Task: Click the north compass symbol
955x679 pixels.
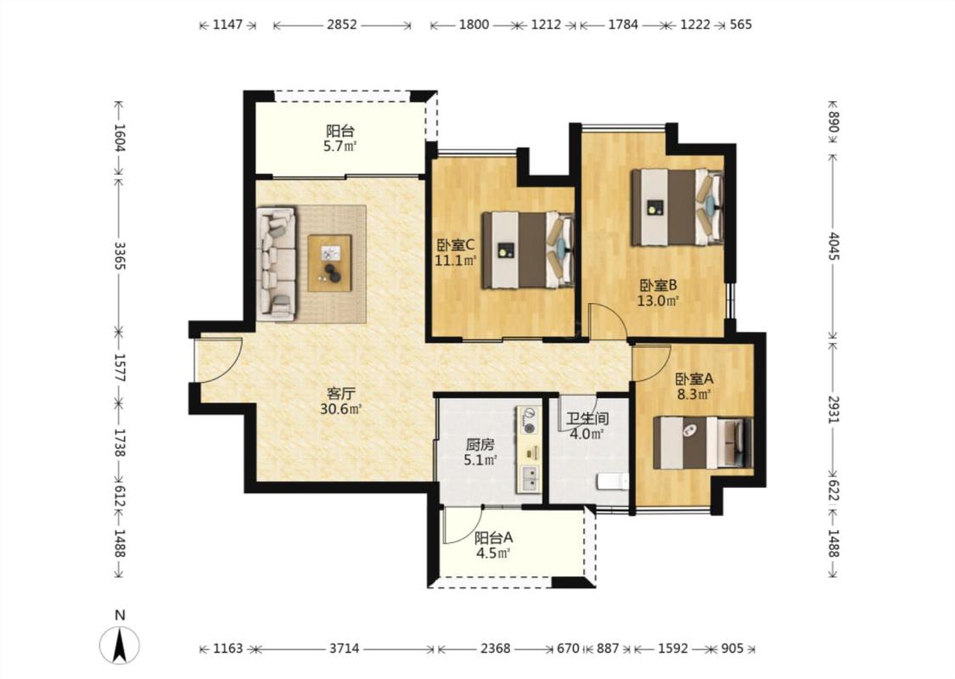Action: [x=120, y=643]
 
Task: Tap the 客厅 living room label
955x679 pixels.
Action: [x=341, y=393]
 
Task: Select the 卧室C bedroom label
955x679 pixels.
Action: [x=456, y=245]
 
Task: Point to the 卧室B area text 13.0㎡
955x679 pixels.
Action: [x=658, y=300]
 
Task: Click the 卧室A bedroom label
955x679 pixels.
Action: [x=694, y=379]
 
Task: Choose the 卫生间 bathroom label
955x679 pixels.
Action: [x=587, y=419]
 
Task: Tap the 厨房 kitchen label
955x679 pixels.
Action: [x=480, y=445]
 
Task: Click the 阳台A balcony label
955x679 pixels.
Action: [x=493, y=538]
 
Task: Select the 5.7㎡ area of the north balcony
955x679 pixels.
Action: [x=340, y=146]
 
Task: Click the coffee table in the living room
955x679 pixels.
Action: [x=329, y=263]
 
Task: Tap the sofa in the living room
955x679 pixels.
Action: [x=277, y=264]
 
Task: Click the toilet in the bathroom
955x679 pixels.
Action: [x=613, y=482]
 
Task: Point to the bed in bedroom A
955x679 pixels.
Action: [x=703, y=443]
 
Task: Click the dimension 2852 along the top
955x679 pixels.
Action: [x=342, y=25]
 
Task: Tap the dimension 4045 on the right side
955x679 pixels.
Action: [x=834, y=245]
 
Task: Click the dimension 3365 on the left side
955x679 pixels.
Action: [x=120, y=255]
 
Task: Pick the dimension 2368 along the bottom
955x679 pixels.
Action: [x=495, y=648]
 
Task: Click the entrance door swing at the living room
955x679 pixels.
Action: [x=218, y=360]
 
